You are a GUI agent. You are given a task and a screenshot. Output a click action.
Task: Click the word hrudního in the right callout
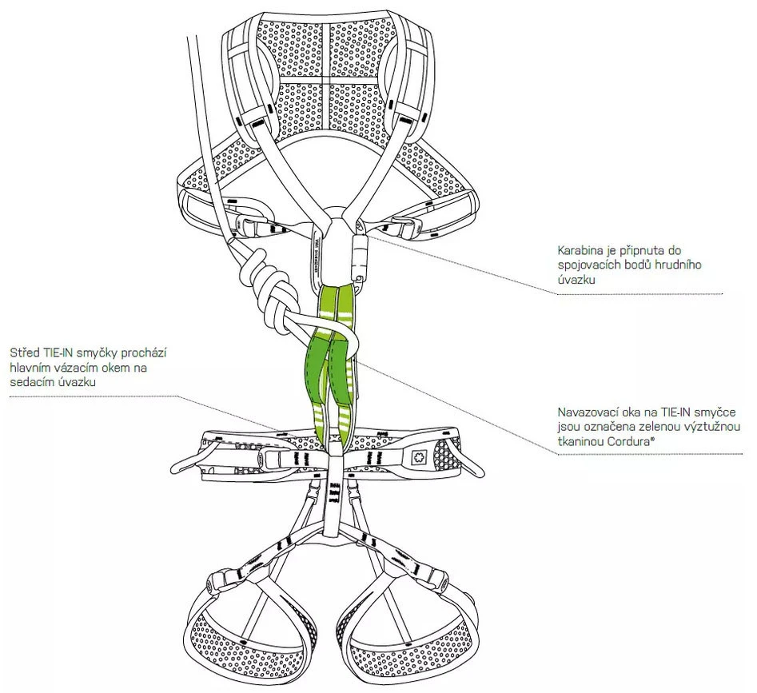676,265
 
